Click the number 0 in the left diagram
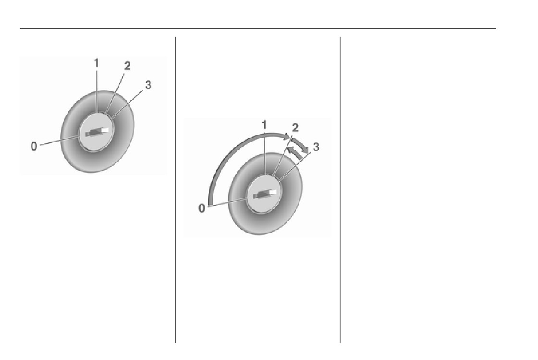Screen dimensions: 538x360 point(34,146)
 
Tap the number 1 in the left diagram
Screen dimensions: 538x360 point(97,63)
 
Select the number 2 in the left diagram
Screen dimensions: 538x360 point(127,65)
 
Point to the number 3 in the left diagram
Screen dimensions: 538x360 point(148,84)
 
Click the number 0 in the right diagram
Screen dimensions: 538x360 point(202,208)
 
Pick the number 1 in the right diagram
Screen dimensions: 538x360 point(264,125)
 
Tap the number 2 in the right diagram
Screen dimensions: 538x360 point(295,128)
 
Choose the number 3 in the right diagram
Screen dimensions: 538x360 point(316,147)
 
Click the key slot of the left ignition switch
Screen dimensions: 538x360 point(97,132)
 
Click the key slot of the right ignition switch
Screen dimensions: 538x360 point(265,194)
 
